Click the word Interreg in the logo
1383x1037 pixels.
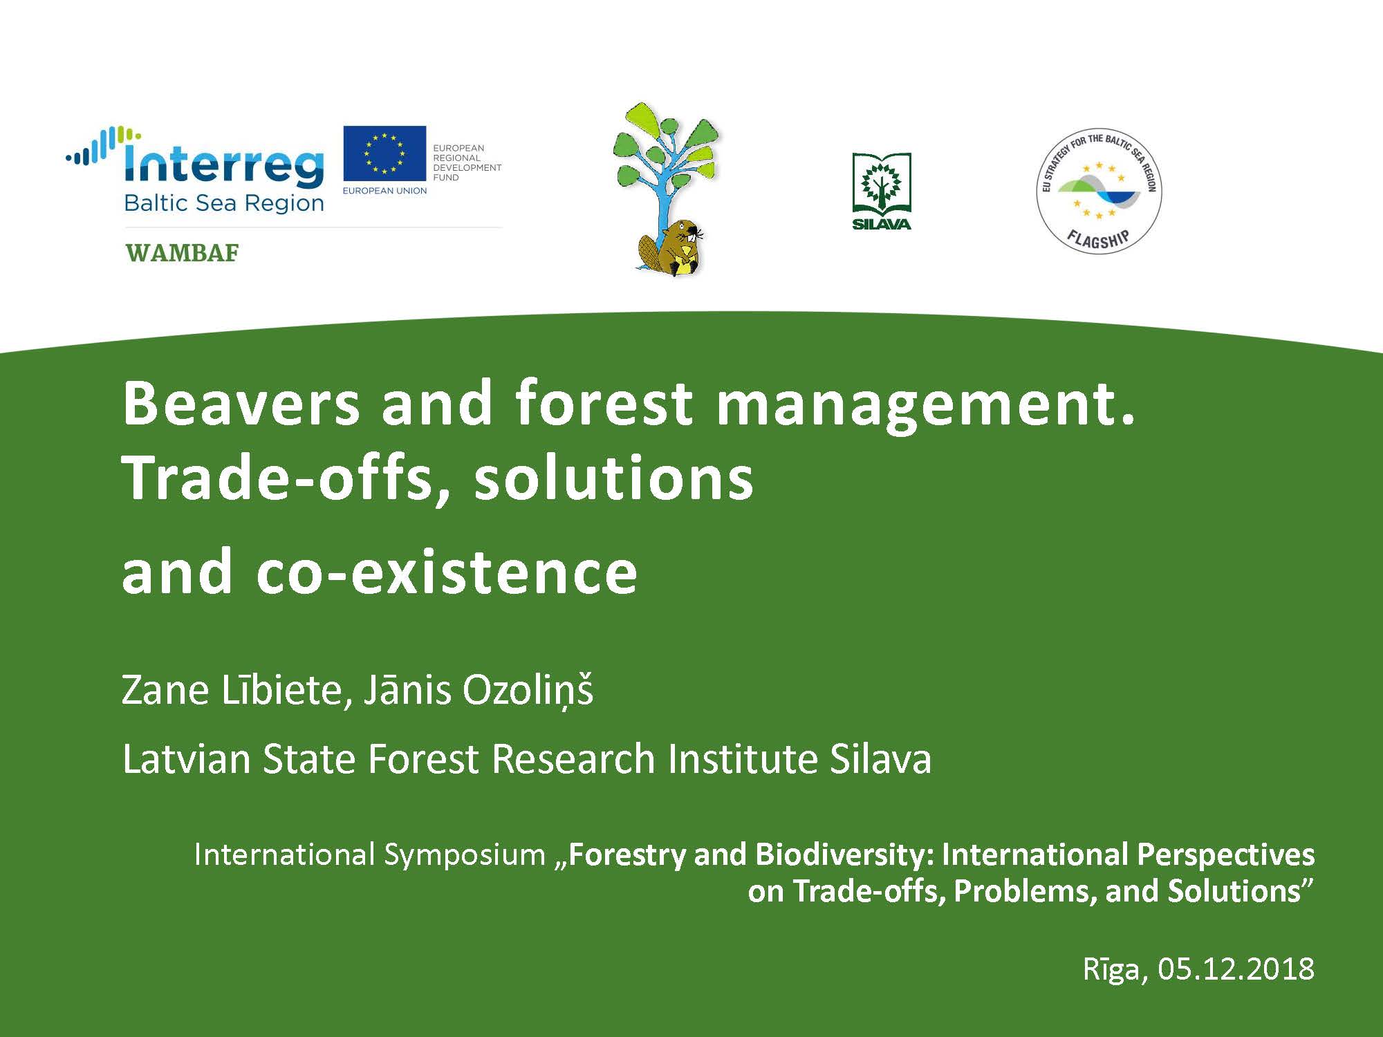point(223,165)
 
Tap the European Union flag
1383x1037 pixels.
point(384,153)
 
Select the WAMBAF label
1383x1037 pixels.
point(182,253)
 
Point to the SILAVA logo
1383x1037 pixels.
point(882,191)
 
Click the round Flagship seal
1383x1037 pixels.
point(1099,191)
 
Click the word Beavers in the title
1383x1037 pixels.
point(241,403)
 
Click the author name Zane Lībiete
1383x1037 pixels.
point(232,690)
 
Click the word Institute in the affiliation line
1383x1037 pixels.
point(743,759)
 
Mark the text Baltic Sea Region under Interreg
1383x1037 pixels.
point(224,203)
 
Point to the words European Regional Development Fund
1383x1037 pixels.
point(467,162)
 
